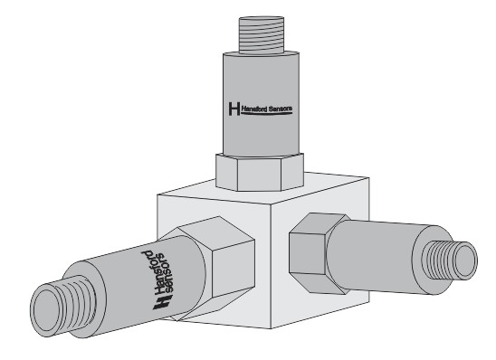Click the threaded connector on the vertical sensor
262,34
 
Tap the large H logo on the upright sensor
234,109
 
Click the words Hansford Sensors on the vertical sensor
267,109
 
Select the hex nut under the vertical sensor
260,172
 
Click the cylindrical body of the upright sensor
261,104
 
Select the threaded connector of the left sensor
63,305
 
